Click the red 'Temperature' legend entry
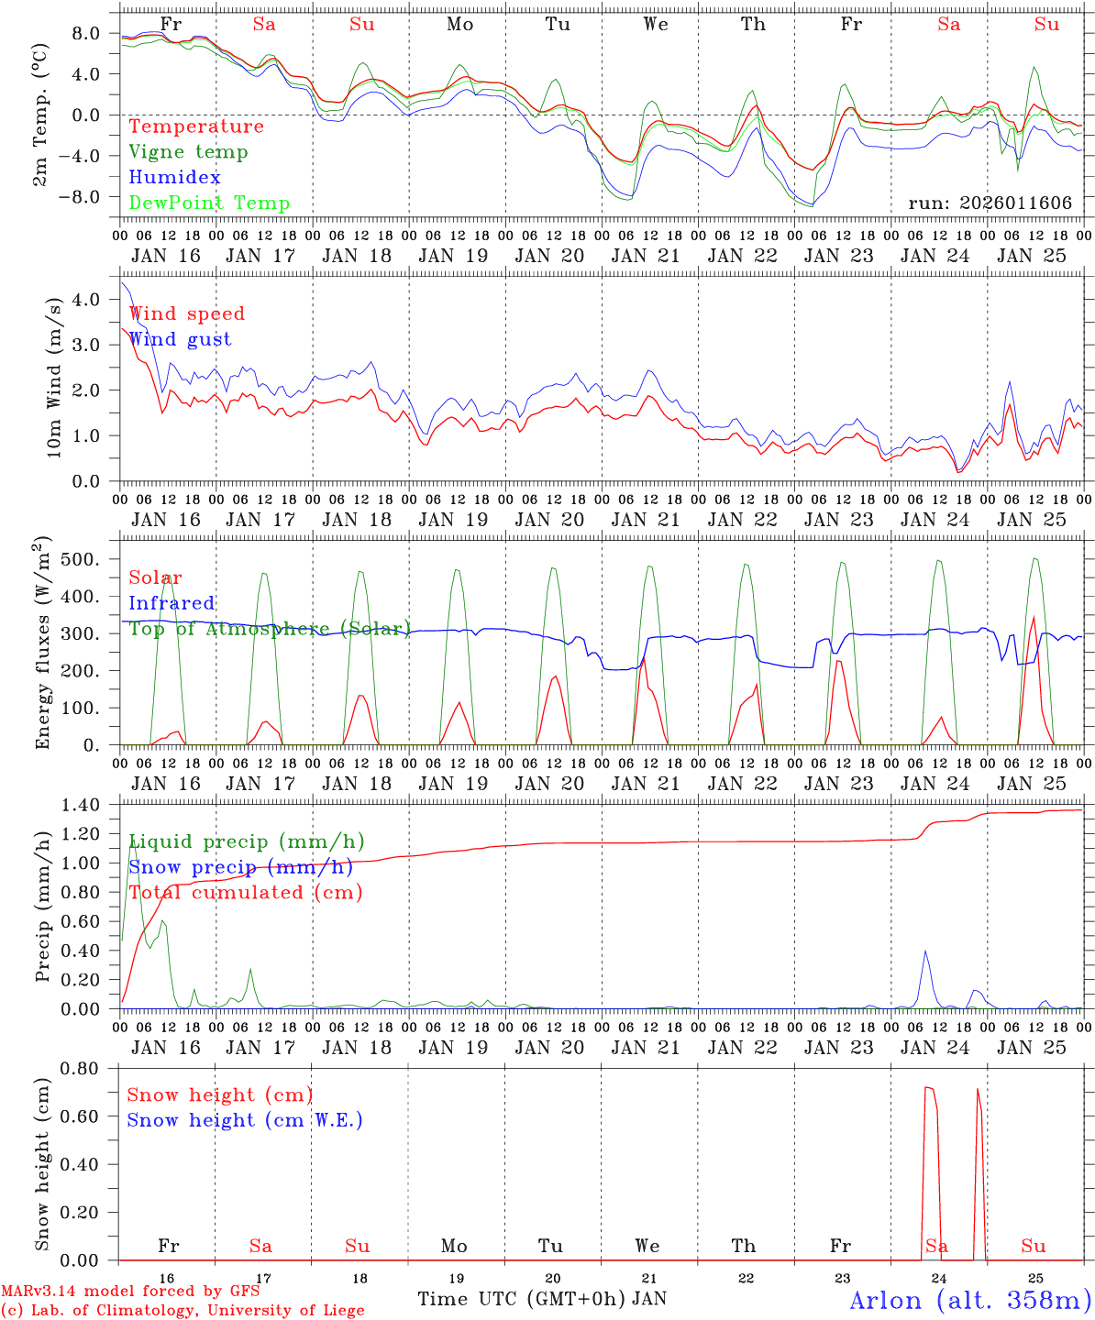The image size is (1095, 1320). [x=196, y=126]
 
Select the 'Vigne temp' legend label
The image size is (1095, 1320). [x=188, y=152]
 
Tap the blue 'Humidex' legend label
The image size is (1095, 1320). [x=174, y=178]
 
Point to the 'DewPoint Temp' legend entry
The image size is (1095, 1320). [x=209, y=203]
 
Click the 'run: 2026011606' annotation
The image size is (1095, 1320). [x=990, y=203]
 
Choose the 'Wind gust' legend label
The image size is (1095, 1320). [x=180, y=339]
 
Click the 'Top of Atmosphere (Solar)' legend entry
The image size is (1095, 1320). [x=270, y=629]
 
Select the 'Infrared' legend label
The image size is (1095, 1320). [x=171, y=603]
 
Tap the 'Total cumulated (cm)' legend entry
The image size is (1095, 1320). [x=245, y=893]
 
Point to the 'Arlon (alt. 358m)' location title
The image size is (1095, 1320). [x=970, y=1301]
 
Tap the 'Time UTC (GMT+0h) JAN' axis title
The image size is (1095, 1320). [x=542, y=1299]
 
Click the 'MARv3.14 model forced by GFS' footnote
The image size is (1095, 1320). [x=130, y=1292]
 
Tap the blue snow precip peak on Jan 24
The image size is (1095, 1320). [x=925, y=952]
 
